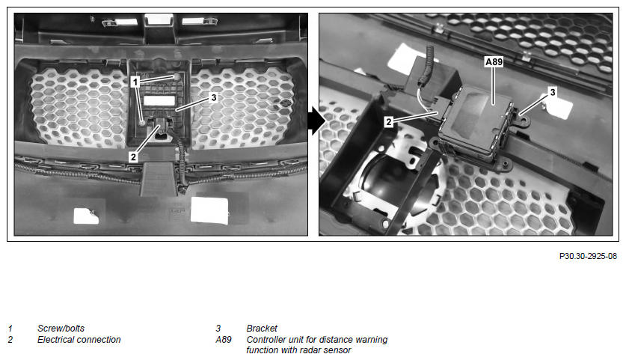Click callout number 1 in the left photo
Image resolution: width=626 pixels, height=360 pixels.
135,82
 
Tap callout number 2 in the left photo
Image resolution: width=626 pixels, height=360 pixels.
133,157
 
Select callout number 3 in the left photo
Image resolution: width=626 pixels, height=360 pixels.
214,97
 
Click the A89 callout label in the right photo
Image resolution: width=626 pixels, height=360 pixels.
494,62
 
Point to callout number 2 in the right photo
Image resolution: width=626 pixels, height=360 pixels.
389,122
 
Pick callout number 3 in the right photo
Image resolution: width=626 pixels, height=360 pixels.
553,92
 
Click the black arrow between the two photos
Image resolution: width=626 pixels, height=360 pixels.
316,120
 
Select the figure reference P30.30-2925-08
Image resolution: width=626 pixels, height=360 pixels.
588,256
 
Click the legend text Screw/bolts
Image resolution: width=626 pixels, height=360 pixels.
61,329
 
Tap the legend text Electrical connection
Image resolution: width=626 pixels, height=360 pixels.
79,340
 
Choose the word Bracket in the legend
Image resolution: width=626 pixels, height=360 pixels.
262,329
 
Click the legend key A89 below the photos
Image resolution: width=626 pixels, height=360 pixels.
224,340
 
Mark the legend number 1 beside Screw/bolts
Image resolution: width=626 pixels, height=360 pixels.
10,329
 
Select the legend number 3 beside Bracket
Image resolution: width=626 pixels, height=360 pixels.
218,329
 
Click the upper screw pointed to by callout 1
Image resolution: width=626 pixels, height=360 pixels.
177,76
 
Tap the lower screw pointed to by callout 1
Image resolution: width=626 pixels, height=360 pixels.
141,122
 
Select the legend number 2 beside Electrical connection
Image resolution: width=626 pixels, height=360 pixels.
10,340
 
